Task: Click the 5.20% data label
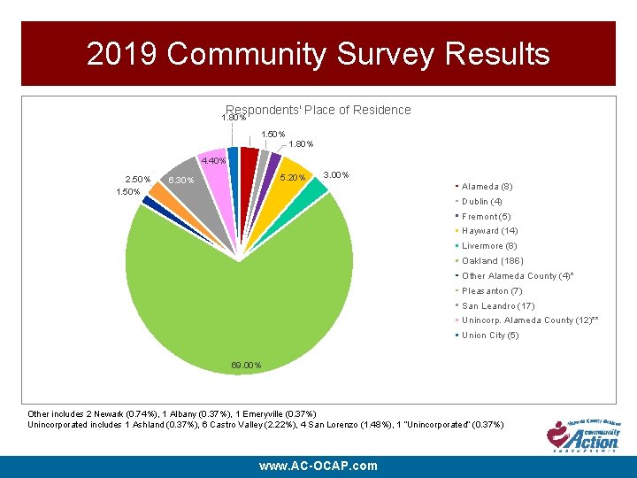click(x=293, y=179)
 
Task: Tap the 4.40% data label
click(x=213, y=161)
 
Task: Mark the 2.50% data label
click(x=137, y=180)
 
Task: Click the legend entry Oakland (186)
click(x=492, y=261)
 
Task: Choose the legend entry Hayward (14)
click(x=490, y=231)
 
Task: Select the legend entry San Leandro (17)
click(x=497, y=305)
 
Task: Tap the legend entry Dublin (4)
click(x=482, y=202)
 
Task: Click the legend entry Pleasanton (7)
click(x=492, y=290)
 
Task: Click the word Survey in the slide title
click(x=386, y=54)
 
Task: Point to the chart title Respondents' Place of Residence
click(x=318, y=110)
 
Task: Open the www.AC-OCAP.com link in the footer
click(x=318, y=466)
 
